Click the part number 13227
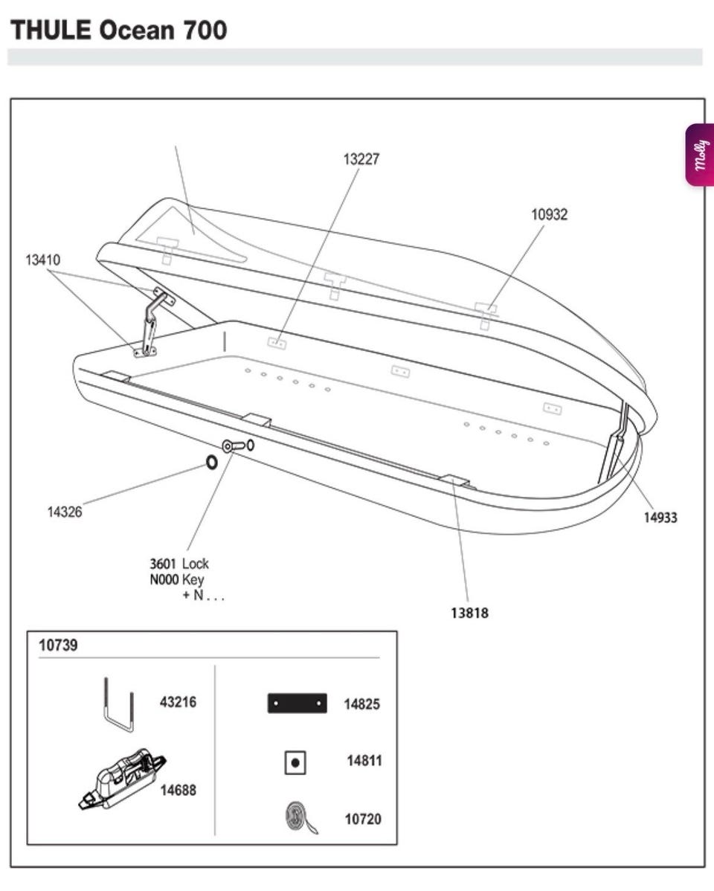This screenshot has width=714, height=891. [361, 159]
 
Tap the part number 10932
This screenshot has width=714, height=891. [549, 215]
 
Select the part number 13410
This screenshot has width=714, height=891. [42, 260]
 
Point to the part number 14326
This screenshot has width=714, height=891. [65, 512]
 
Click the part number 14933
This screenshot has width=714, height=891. [660, 518]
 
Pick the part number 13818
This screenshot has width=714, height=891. [469, 614]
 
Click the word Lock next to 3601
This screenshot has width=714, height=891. [196, 564]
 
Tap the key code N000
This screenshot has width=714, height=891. [164, 579]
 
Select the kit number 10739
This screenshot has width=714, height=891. [57, 645]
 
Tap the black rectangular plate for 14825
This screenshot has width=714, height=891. [297, 703]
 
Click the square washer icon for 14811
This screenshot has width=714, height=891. [295, 762]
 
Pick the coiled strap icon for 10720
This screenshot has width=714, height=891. [300, 818]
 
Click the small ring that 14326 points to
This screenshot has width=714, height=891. [211, 463]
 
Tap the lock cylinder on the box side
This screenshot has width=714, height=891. [237, 445]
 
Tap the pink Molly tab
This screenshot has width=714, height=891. [699, 155]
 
